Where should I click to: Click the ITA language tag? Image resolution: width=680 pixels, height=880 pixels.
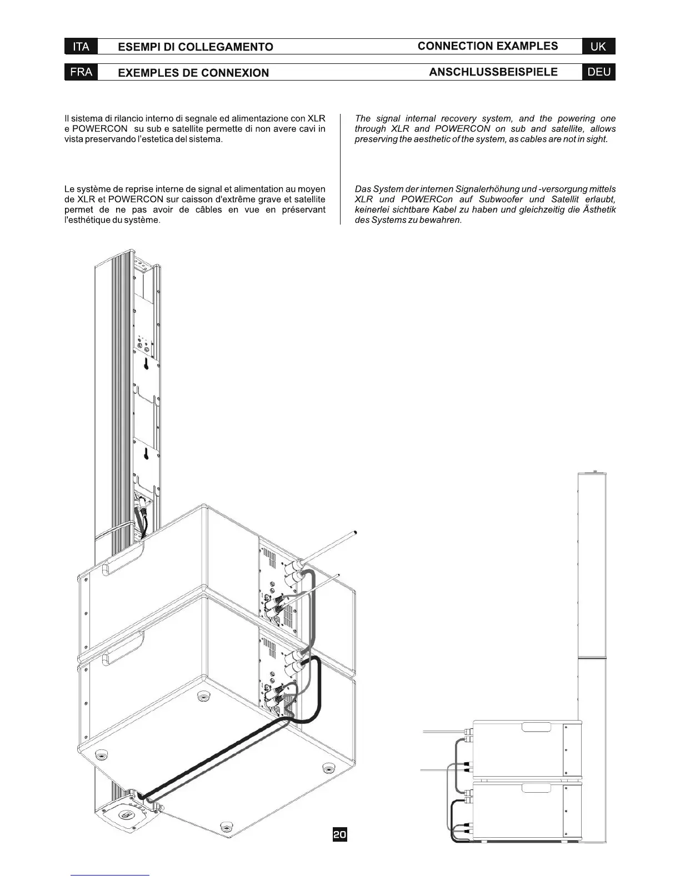(x=81, y=47)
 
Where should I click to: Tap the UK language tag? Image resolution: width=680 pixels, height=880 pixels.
(x=598, y=47)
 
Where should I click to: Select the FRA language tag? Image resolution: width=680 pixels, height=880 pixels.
(x=81, y=72)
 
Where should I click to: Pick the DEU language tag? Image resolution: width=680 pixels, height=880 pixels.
(x=598, y=72)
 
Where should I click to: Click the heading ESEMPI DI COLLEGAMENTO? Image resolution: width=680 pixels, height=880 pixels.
(x=196, y=47)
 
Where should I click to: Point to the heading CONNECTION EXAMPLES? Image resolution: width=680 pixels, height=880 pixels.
(x=488, y=46)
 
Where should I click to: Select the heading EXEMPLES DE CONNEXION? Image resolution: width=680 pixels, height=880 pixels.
(x=193, y=73)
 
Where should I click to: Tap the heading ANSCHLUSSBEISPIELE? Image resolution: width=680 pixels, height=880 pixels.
(x=493, y=72)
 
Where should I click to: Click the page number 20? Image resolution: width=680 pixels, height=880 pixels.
(x=339, y=834)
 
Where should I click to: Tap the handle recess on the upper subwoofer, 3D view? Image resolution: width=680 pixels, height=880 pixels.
(x=124, y=564)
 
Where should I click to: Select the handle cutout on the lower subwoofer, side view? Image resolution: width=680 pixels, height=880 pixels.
(x=536, y=788)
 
